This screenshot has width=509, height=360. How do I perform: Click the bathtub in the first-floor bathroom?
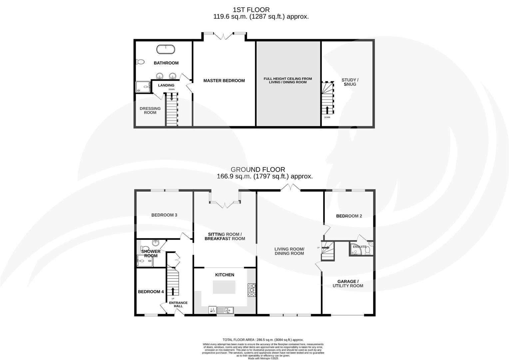166,49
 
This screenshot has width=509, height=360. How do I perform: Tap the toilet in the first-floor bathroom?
140,62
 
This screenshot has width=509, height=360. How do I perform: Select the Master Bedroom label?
224,81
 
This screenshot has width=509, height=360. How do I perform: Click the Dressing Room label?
150,110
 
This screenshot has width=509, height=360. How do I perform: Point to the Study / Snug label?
350,82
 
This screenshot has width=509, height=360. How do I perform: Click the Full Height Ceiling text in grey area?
288,80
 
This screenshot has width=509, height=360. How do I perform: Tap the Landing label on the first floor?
166,85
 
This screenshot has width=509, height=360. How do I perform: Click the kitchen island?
224,287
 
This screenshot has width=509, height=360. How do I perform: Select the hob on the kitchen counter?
251,290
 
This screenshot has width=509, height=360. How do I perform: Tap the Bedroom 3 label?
164,215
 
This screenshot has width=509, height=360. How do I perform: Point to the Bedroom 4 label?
151,292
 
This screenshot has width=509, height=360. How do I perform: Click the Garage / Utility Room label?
348,283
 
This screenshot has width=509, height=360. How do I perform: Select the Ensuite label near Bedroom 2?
359,247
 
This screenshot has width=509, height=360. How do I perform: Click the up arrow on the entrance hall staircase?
173,291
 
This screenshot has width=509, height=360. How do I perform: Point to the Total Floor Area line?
263,340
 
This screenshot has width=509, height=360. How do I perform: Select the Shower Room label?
151,253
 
